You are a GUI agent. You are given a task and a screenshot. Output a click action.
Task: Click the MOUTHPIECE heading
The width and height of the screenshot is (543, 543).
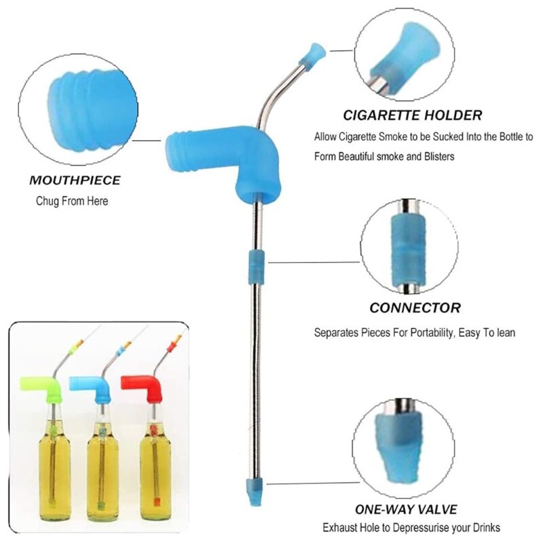[75, 181]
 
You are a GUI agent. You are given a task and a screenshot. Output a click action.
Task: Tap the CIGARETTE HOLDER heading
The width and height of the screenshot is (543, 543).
[412, 115]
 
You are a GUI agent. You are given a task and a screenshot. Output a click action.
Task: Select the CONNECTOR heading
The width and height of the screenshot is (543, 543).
[415, 307]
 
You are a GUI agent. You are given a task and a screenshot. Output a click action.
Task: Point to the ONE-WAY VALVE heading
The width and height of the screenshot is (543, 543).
[406, 509]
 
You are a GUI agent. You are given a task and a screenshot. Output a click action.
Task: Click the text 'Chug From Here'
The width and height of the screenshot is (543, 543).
[72, 201]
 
